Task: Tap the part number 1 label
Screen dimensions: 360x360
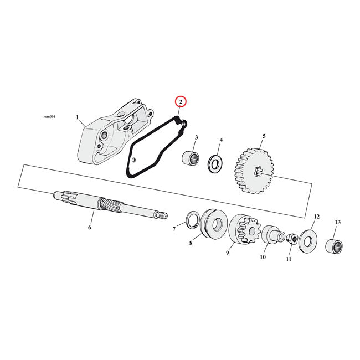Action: pyautogui.click(x=78, y=117)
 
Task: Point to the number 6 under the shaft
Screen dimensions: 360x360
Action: pyautogui.click(x=89, y=227)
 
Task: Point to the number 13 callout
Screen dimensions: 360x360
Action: pyautogui.click(x=338, y=223)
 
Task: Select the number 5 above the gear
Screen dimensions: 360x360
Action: pyautogui.click(x=264, y=136)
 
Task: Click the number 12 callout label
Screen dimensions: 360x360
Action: pyautogui.click(x=317, y=217)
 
